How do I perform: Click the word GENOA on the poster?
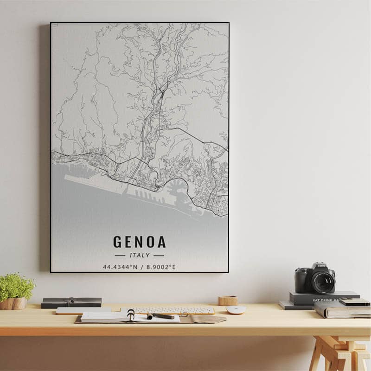point(139,242)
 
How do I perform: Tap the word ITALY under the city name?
point(139,255)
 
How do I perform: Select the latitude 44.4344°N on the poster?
point(120,267)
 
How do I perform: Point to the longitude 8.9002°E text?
point(159,267)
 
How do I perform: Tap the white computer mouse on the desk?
point(236,309)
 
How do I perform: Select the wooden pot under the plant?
point(13,304)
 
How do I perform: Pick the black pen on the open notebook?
point(161,316)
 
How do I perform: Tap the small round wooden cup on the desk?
point(228,301)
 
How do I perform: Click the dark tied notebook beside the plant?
point(71,303)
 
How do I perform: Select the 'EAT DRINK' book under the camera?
point(325,298)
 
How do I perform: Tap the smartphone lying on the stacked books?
point(354,301)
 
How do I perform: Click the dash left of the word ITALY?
point(120,256)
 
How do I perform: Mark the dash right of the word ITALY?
point(159,256)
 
